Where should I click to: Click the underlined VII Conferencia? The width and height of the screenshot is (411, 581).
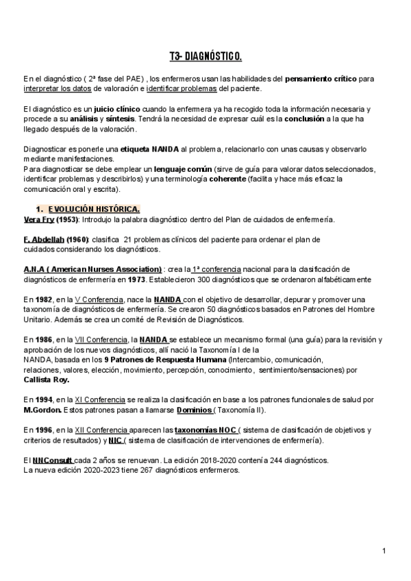pyautogui.click(x=101, y=339)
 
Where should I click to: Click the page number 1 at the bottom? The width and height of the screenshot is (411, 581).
pyautogui.click(x=384, y=551)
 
